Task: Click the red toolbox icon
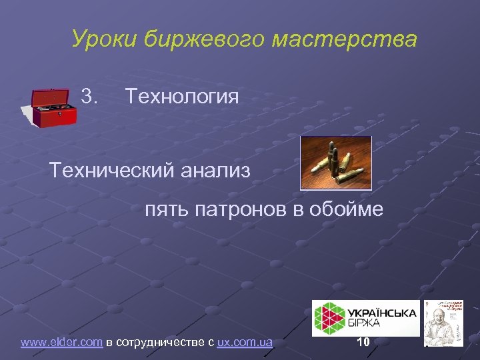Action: tap(54, 106)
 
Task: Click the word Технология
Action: tap(181, 97)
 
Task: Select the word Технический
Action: tap(110, 171)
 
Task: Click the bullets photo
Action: tap(335, 163)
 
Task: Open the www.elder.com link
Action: tap(61, 343)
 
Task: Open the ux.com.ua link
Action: tap(245, 343)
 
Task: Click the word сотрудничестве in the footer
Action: tap(163, 343)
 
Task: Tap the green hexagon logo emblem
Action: tap(329, 317)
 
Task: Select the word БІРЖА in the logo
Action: tap(366, 324)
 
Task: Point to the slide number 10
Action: tap(363, 343)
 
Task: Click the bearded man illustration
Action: tap(447, 323)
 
